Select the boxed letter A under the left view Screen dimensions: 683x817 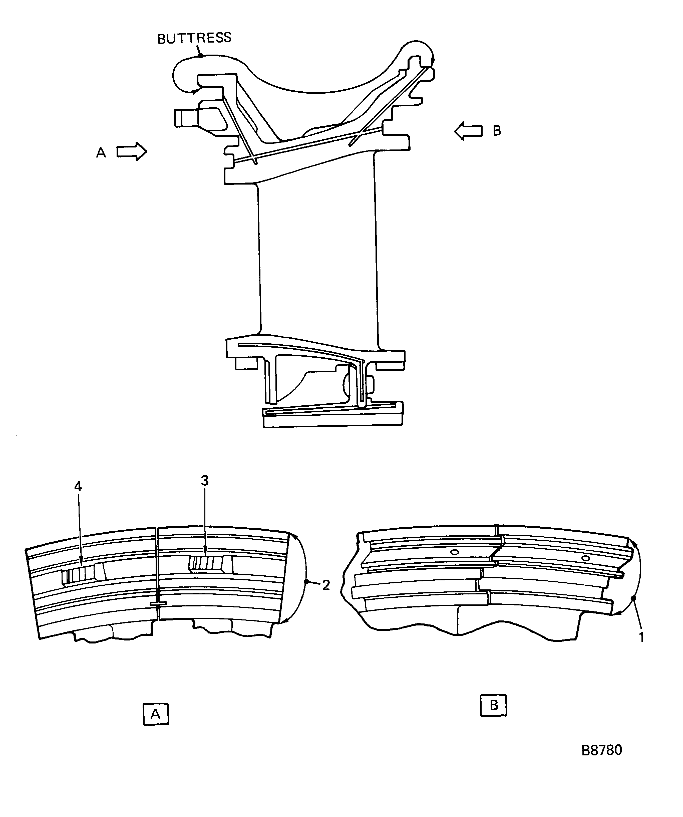156,714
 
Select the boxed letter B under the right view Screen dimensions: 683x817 494,705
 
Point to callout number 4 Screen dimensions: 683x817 78,486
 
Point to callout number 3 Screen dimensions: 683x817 204,480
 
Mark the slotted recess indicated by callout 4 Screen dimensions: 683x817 83,573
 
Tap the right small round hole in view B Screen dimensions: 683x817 585,559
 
